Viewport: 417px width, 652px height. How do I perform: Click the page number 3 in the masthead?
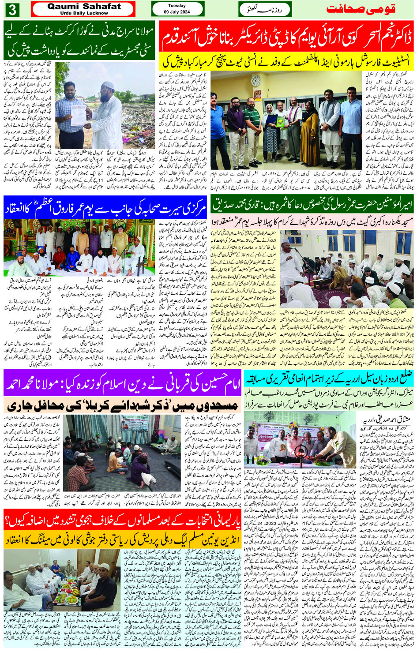pos(12,9)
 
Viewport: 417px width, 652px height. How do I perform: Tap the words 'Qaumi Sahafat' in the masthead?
pos(84,6)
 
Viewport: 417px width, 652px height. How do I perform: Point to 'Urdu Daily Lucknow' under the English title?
pos(84,13)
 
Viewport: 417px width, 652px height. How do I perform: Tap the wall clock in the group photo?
pos(255,81)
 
